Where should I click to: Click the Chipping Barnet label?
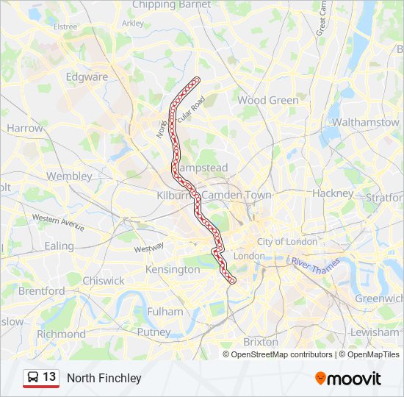[x=171, y=4]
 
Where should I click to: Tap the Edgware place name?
[x=87, y=76]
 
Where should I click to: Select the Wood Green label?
[x=267, y=100]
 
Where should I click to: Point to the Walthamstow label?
[x=365, y=122]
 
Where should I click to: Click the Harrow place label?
[x=25, y=128]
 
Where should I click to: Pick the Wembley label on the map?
[x=69, y=176]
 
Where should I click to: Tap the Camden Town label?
[x=237, y=196]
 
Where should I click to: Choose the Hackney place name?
[x=333, y=193]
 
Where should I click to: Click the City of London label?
[x=287, y=242]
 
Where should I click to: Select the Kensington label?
[x=173, y=270]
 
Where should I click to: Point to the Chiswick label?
[x=104, y=281]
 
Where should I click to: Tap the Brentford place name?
[x=41, y=291]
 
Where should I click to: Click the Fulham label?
[x=165, y=312]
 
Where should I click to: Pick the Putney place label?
[x=154, y=332]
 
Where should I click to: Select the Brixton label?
[x=260, y=342]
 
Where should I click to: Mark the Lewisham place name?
[x=375, y=332]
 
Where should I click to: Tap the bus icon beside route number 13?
[x=33, y=377]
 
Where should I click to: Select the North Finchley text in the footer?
[x=104, y=378]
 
